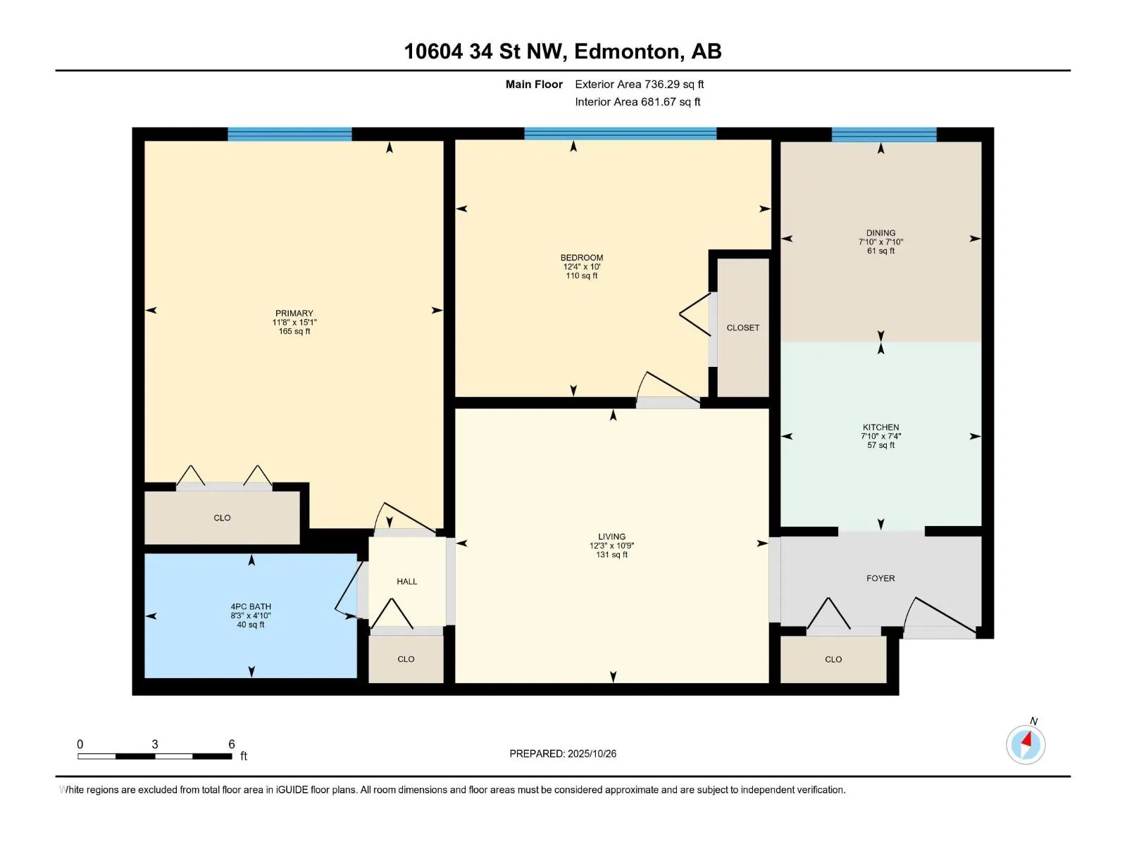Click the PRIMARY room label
(x=294, y=313)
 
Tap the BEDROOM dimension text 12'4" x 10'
(x=581, y=267)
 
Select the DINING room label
(x=880, y=233)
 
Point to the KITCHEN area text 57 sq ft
(x=880, y=445)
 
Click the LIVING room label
(x=611, y=537)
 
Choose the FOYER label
(x=880, y=578)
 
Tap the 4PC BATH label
(x=251, y=606)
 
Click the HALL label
(x=406, y=582)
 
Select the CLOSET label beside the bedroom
(x=742, y=327)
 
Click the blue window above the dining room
(x=883, y=134)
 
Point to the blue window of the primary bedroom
(x=289, y=134)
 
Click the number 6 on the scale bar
(x=231, y=744)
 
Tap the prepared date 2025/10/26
(x=592, y=753)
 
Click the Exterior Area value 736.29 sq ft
(x=674, y=84)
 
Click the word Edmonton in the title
(x=627, y=51)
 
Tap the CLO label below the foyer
(x=833, y=660)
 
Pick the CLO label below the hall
(x=406, y=660)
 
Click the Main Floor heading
(x=534, y=84)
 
